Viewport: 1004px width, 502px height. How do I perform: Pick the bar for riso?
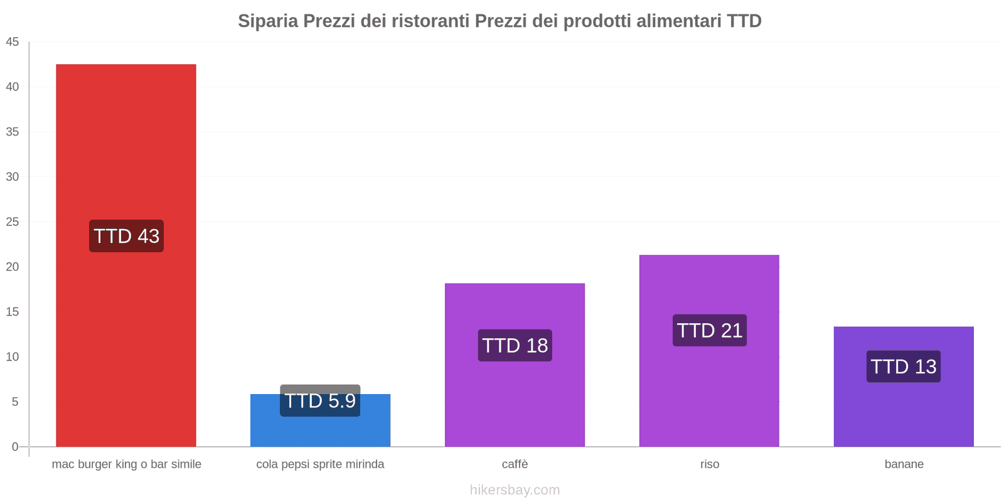tap(709, 389)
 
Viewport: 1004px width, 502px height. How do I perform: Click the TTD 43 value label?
tap(126, 236)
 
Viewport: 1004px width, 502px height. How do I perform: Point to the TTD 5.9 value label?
tap(320, 400)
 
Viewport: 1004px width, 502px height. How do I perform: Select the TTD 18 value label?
tap(515, 345)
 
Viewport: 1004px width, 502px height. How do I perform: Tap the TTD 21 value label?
tap(709, 330)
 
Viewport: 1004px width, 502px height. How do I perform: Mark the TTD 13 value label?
tap(904, 366)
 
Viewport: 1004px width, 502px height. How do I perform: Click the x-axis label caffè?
tap(515, 464)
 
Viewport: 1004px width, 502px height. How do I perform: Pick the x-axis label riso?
tap(710, 464)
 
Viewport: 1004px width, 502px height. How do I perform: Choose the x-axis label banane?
tap(904, 464)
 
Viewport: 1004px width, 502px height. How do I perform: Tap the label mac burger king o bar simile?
tap(126, 464)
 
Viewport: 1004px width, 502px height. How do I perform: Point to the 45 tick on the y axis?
tap(13, 42)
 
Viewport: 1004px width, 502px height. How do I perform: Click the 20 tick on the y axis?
tap(13, 267)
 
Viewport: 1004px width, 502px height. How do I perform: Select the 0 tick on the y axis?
tap(15, 447)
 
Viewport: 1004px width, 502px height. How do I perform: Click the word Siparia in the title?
tap(268, 21)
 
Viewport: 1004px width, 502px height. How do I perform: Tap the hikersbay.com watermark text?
tap(515, 490)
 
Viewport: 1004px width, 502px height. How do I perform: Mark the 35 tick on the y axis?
tap(13, 132)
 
